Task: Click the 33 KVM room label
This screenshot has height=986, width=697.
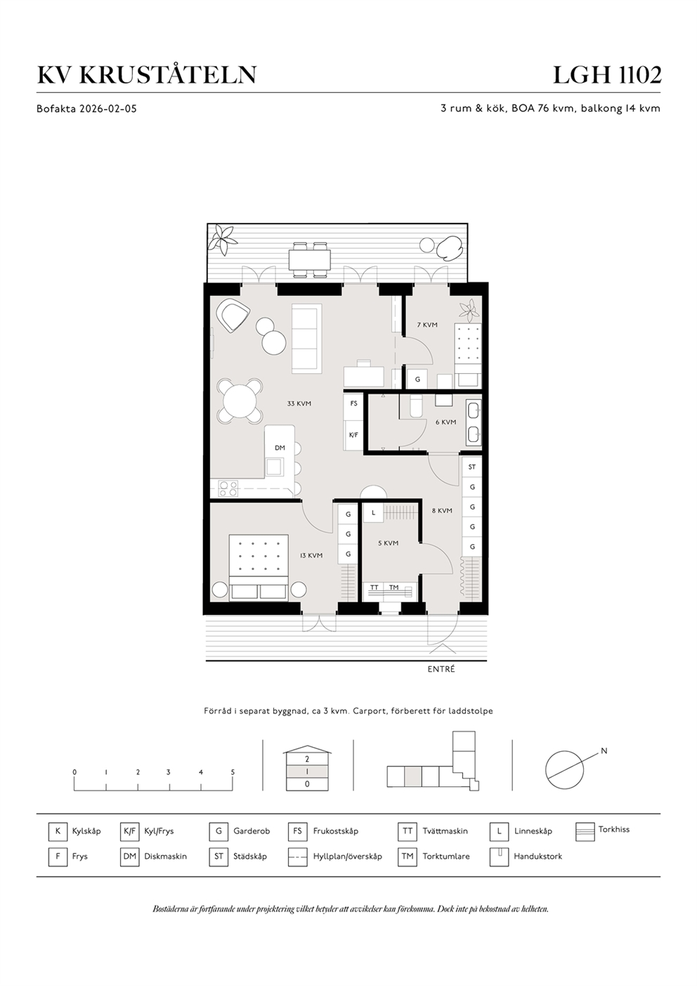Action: [299, 404]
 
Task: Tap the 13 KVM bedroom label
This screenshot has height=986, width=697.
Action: [311, 555]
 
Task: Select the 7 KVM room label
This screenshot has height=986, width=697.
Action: [427, 325]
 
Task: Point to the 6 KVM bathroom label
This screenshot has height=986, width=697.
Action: [445, 422]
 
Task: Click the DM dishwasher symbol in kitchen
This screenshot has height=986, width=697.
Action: [280, 448]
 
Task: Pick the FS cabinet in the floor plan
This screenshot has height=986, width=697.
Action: [353, 403]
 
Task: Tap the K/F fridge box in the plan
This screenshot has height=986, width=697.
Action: [353, 435]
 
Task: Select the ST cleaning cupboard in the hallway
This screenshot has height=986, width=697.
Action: [472, 467]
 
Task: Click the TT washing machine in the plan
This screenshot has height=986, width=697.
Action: [374, 588]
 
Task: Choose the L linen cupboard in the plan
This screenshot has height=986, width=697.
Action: [373, 513]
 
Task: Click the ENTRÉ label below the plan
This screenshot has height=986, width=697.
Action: [441, 669]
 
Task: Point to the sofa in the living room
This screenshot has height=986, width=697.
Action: [306, 339]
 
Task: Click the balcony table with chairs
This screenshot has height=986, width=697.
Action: [309, 258]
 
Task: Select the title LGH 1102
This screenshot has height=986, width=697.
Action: [606, 74]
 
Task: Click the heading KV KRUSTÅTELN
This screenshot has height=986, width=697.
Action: [146, 74]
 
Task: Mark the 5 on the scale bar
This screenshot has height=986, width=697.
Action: [233, 772]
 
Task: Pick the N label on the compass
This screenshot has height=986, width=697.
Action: [604, 751]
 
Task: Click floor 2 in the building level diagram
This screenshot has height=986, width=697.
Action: [307, 759]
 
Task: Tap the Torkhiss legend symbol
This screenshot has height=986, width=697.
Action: [585, 831]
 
